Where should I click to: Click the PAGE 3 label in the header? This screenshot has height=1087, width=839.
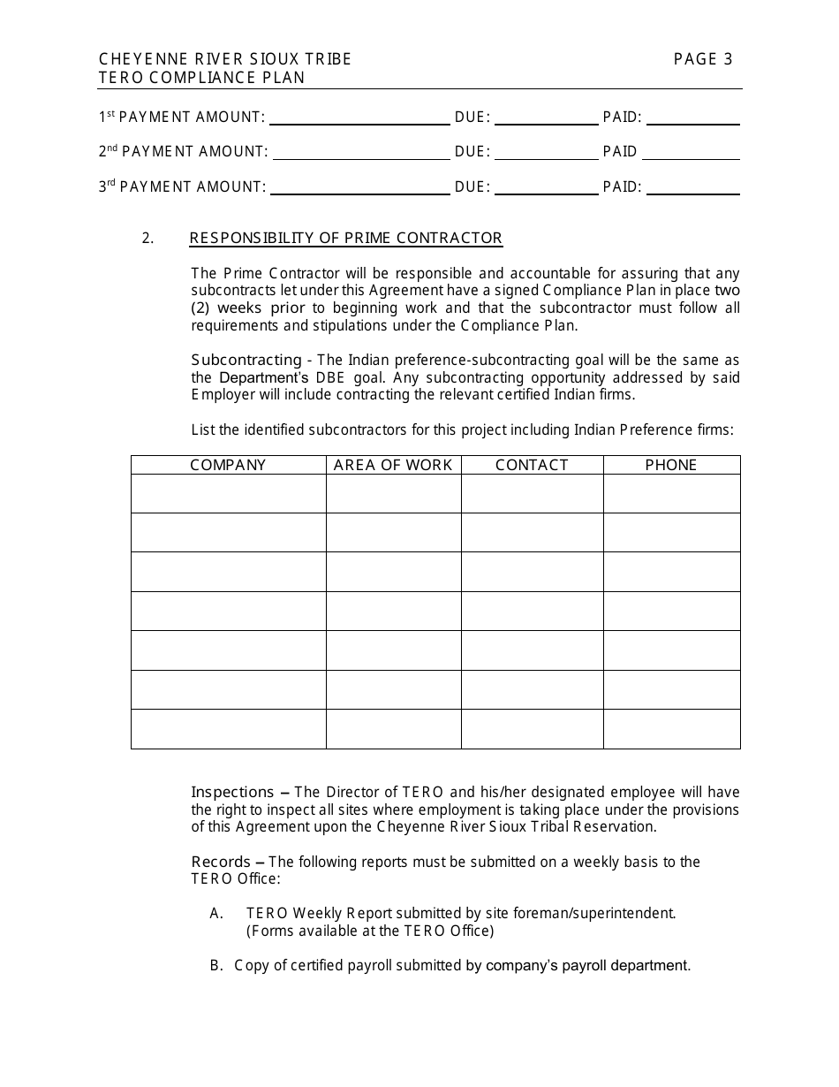point(703,59)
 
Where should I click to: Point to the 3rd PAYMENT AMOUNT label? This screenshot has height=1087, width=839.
point(182,186)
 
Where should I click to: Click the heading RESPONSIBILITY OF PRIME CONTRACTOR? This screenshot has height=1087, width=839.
point(345,238)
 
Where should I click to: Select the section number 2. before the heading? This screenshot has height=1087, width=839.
point(147,238)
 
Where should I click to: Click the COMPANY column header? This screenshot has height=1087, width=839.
point(228,465)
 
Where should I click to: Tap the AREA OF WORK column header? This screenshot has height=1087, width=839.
point(393,465)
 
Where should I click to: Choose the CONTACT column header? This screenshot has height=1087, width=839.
point(532,465)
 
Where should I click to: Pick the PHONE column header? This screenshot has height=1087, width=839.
point(671,465)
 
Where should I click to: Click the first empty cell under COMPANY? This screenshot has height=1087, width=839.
point(228,493)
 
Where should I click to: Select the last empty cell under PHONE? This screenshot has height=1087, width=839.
point(671,729)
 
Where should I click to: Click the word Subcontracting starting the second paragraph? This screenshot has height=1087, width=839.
point(246,360)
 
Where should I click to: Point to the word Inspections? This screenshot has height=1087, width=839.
point(232,792)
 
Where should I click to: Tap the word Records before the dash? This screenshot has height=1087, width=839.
point(221,862)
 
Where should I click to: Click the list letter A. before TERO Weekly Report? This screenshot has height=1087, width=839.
point(216,913)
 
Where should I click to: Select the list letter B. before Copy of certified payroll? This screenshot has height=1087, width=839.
point(216,966)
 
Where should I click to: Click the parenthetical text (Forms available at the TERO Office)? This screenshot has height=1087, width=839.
point(370,931)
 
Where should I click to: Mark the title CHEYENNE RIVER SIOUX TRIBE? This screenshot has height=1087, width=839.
point(225,59)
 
